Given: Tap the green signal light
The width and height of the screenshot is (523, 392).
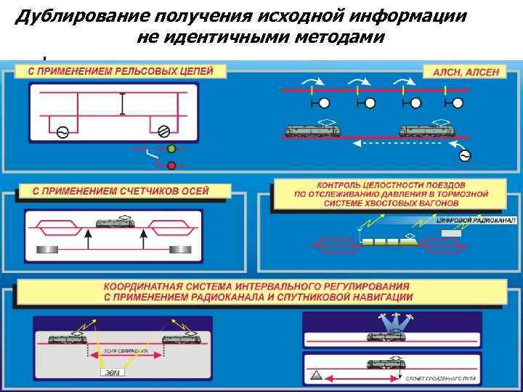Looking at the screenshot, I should point(172,150).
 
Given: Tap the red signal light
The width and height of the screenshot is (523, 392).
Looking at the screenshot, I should point(172,166).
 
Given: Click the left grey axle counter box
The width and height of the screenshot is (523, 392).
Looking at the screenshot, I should point(44,249).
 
